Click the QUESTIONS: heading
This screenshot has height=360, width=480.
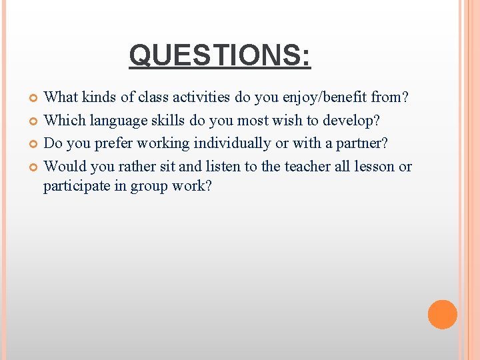tap(220, 55)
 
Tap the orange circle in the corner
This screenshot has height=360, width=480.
tap(442, 315)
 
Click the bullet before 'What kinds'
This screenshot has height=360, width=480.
tap(35, 99)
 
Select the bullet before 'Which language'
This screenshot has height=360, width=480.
tap(35, 121)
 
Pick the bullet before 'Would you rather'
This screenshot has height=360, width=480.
tap(35, 167)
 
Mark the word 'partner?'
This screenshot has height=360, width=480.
tap(364, 143)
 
